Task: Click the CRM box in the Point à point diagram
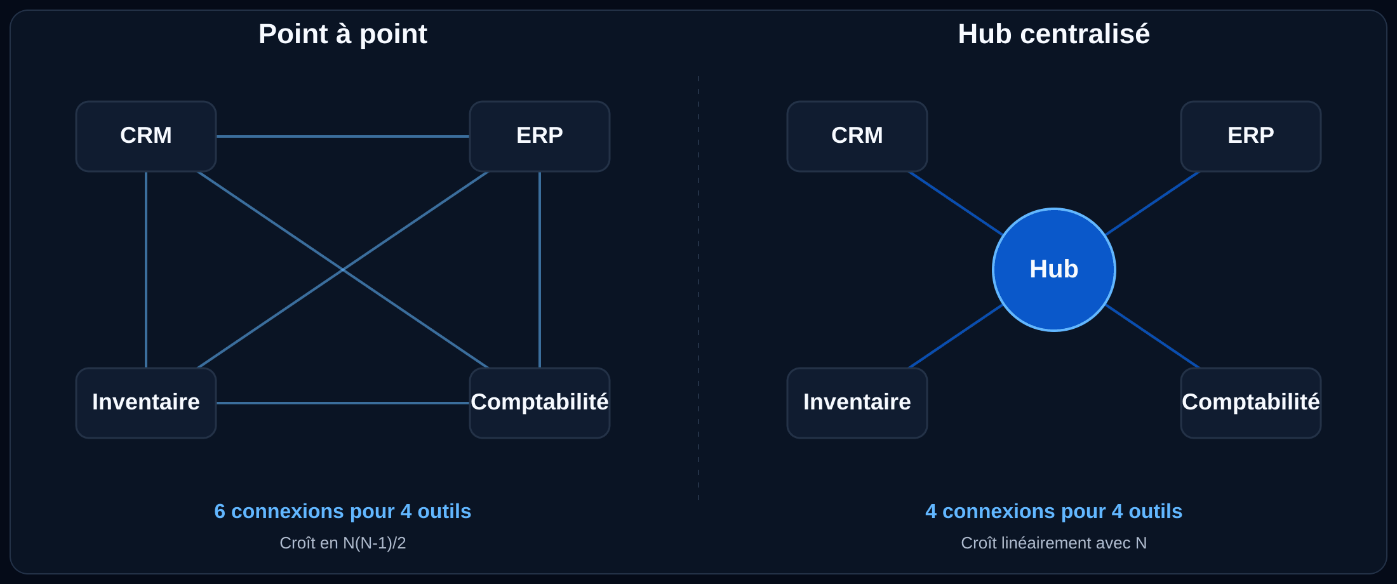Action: [146, 136]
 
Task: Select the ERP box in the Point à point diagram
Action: [540, 136]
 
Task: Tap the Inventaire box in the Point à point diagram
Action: [146, 403]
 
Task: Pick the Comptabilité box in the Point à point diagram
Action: [540, 403]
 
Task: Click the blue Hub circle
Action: [1054, 270]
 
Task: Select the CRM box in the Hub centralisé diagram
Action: [857, 136]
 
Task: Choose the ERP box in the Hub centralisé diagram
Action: [1251, 136]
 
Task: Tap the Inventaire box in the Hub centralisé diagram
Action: [857, 403]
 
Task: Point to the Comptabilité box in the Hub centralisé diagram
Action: [1251, 403]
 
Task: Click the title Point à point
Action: [343, 34]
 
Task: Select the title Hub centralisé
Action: [1054, 34]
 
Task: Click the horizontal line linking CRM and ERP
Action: [343, 136]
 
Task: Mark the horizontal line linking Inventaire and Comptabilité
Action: [343, 403]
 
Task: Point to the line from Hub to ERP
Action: [1153, 203]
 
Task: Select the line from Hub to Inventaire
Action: [956, 336]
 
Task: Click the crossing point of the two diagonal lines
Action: [343, 270]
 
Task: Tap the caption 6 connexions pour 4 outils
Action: [343, 512]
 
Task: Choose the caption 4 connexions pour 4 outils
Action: [1054, 512]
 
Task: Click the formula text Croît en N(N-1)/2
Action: [343, 543]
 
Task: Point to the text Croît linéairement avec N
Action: [1054, 543]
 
